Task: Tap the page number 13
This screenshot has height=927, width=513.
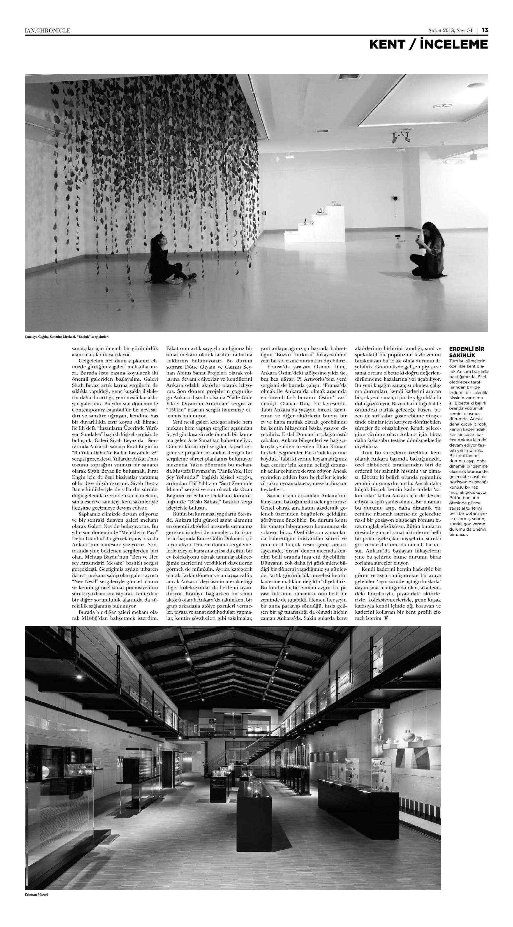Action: (x=485, y=30)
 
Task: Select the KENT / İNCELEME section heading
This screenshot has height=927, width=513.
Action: (x=428, y=45)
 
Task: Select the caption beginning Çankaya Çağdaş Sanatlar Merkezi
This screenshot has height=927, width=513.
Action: (x=67, y=336)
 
